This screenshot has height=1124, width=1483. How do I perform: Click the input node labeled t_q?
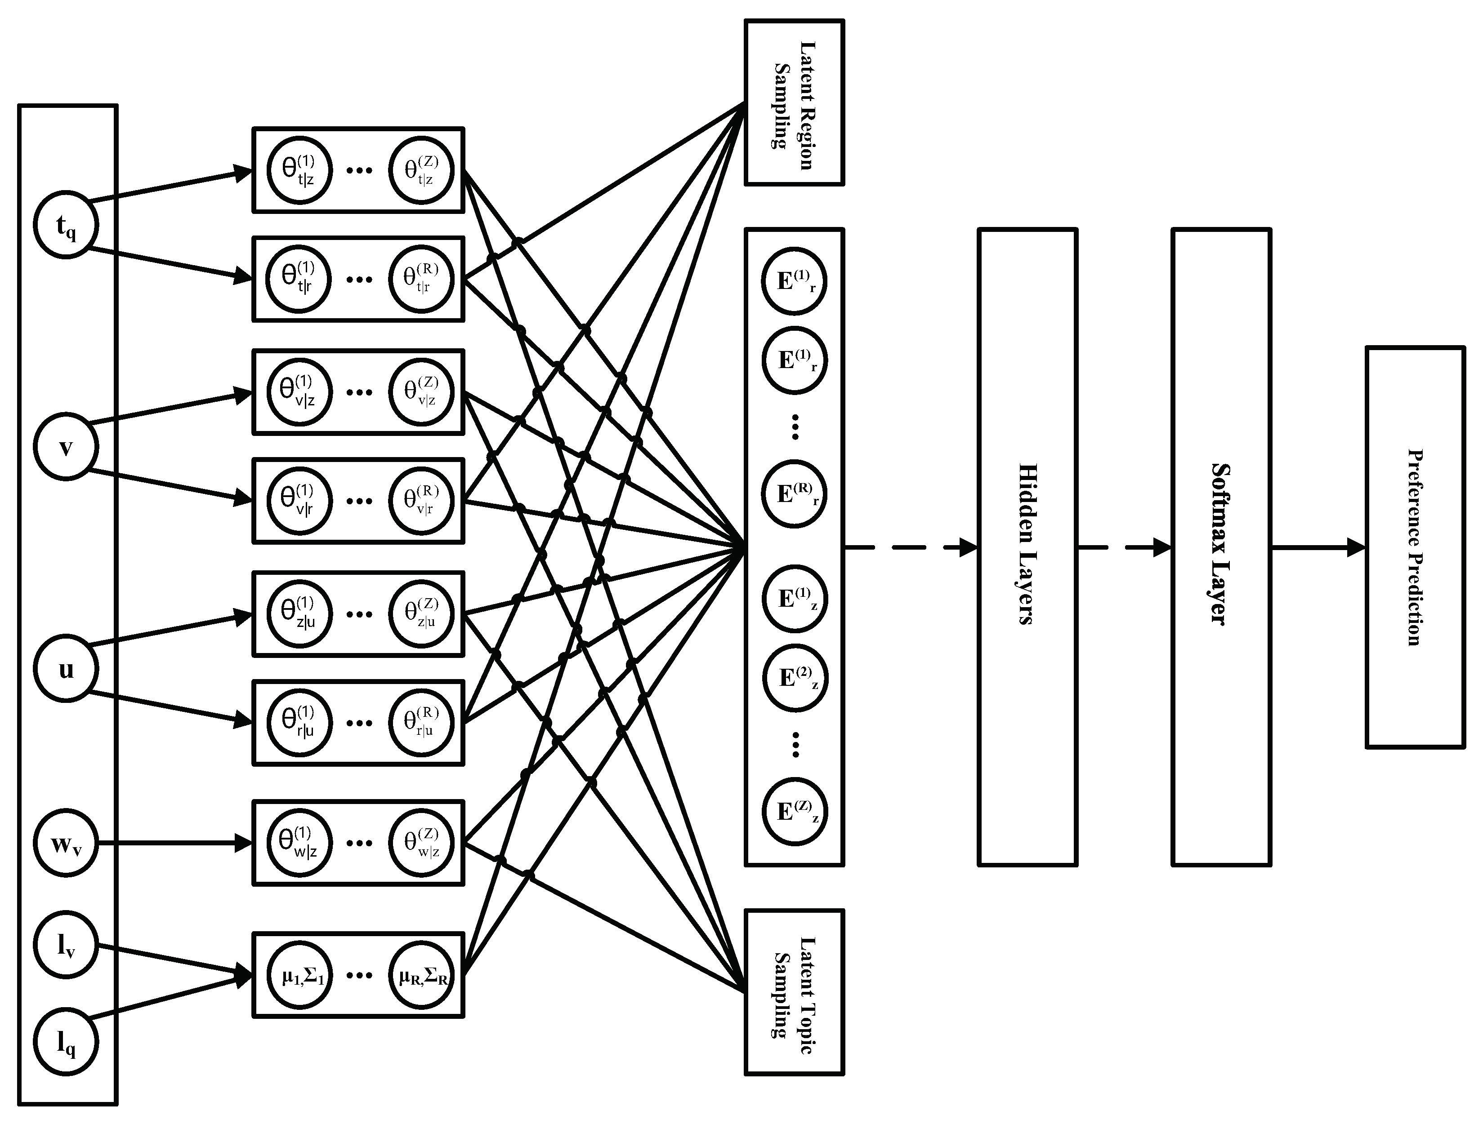point(66,225)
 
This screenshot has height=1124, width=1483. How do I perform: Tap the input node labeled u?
point(66,669)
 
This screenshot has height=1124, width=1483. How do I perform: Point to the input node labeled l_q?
point(66,1042)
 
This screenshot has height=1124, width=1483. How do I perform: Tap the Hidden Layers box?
point(1027,547)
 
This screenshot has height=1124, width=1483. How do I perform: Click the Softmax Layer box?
point(1221,547)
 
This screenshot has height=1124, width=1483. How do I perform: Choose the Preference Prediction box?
point(1415,547)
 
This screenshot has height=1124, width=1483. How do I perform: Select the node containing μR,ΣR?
point(422,975)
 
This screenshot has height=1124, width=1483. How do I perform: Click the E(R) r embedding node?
point(795,494)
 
